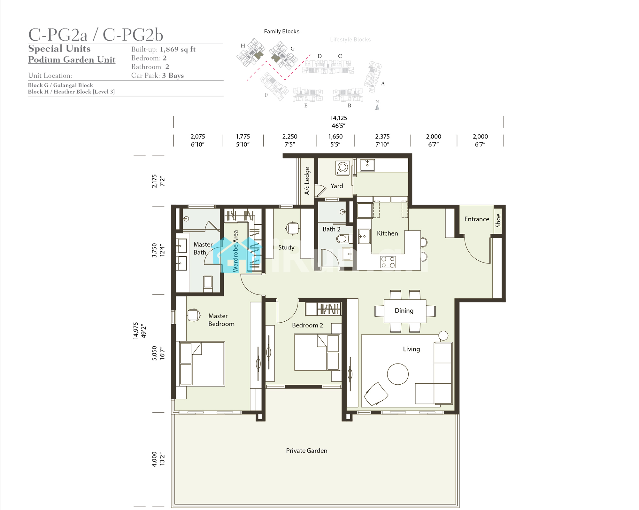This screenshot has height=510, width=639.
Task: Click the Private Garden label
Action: (x=306, y=451)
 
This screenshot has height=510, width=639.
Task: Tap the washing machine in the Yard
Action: (x=343, y=168)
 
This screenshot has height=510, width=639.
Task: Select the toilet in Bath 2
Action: (x=343, y=239)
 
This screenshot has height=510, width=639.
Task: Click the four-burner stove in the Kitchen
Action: (x=388, y=262)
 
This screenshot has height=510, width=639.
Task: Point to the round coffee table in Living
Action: (x=398, y=374)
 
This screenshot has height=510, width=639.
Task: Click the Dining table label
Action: (x=404, y=310)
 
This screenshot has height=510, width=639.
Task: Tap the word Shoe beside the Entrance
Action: (x=498, y=220)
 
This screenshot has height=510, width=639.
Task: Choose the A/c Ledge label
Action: (x=307, y=181)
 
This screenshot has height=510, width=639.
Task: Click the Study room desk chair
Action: (x=292, y=228)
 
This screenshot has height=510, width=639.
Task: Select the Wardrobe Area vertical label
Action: (x=235, y=251)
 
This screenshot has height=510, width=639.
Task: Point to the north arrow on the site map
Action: (x=377, y=107)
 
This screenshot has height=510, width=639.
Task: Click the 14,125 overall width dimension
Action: (x=339, y=118)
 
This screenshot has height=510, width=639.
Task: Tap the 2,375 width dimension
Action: (x=382, y=137)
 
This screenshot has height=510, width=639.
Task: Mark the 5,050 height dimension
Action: (x=154, y=353)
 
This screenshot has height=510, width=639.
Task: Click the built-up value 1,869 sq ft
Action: (x=178, y=49)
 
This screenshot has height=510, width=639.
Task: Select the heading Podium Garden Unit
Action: (x=72, y=59)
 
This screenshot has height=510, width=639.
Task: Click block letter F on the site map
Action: (x=266, y=95)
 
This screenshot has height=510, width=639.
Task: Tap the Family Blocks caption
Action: (x=281, y=31)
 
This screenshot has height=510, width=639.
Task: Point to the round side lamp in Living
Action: (x=443, y=335)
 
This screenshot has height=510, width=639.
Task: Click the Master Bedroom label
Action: (x=221, y=320)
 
